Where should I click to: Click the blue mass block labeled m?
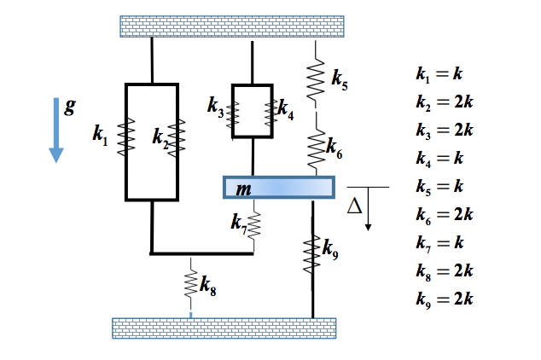pyautogui.click(x=278, y=188)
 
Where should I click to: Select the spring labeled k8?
pyautogui.click(x=191, y=282)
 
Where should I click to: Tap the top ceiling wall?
pyautogui.click(x=231, y=26)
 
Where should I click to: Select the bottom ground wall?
pyautogui.click(x=224, y=328)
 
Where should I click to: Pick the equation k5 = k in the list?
pyautogui.click(x=439, y=187)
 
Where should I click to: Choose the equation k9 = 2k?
pyautogui.click(x=443, y=299)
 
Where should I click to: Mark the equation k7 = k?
pyautogui.click(x=439, y=242)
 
